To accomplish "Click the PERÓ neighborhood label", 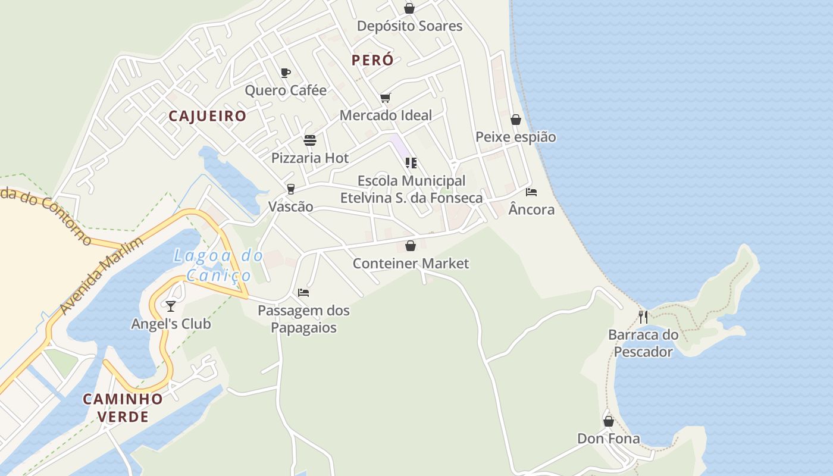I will click(x=372, y=60).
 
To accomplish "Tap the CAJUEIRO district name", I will click(x=207, y=116).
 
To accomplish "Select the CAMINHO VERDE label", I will click(x=123, y=408).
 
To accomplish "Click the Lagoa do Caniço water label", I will click(x=218, y=265).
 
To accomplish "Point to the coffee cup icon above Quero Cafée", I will click(x=286, y=73).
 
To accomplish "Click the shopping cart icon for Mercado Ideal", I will click(x=386, y=98).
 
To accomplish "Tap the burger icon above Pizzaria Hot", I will click(x=310, y=140).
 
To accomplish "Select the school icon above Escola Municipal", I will click(x=411, y=162).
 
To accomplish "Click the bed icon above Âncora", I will click(x=531, y=192).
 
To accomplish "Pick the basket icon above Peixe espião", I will click(x=516, y=120).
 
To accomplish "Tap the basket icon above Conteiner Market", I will click(x=411, y=246).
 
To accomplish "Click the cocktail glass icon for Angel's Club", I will click(x=171, y=306).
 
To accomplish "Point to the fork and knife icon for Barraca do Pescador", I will click(x=643, y=317).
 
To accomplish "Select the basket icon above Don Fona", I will click(x=609, y=421).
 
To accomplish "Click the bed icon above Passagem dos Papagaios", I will click(x=303, y=293).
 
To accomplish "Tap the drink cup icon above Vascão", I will click(x=290, y=189).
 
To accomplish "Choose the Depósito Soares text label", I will click(x=409, y=26).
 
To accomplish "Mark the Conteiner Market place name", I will click(x=411, y=264).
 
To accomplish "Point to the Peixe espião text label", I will click(x=515, y=137).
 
